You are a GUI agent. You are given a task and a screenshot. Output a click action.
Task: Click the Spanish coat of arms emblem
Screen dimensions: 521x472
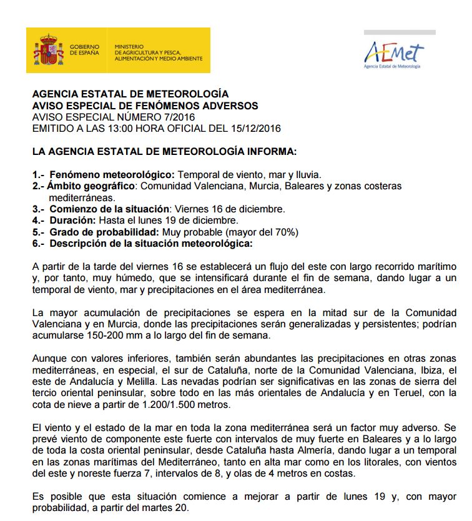(49, 51)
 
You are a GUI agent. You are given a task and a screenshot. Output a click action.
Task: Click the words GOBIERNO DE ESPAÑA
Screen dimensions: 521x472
(84, 51)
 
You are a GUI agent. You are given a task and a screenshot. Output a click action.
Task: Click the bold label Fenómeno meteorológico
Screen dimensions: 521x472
(110, 175)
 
